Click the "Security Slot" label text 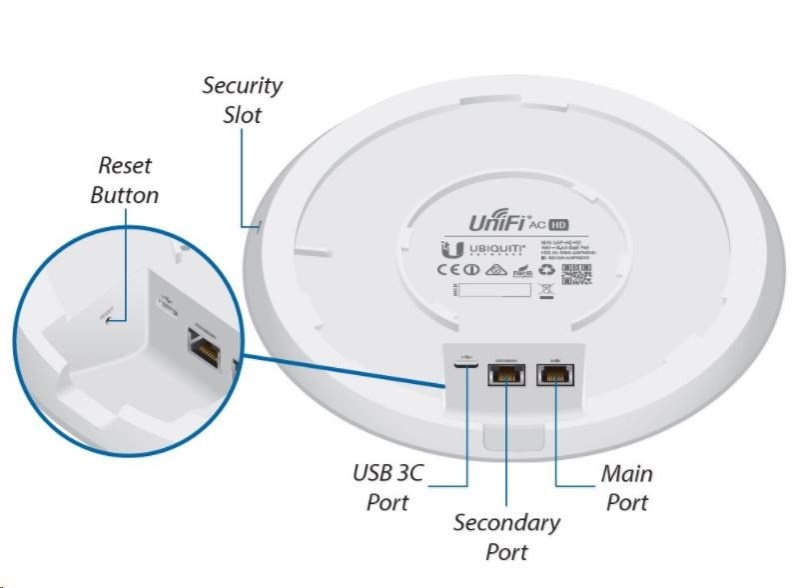(x=242, y=100)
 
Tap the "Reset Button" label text (x=124, y=180)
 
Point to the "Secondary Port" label (x=506, y=536)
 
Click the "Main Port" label (x=626, y=487)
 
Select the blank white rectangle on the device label (x=494, y=290)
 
